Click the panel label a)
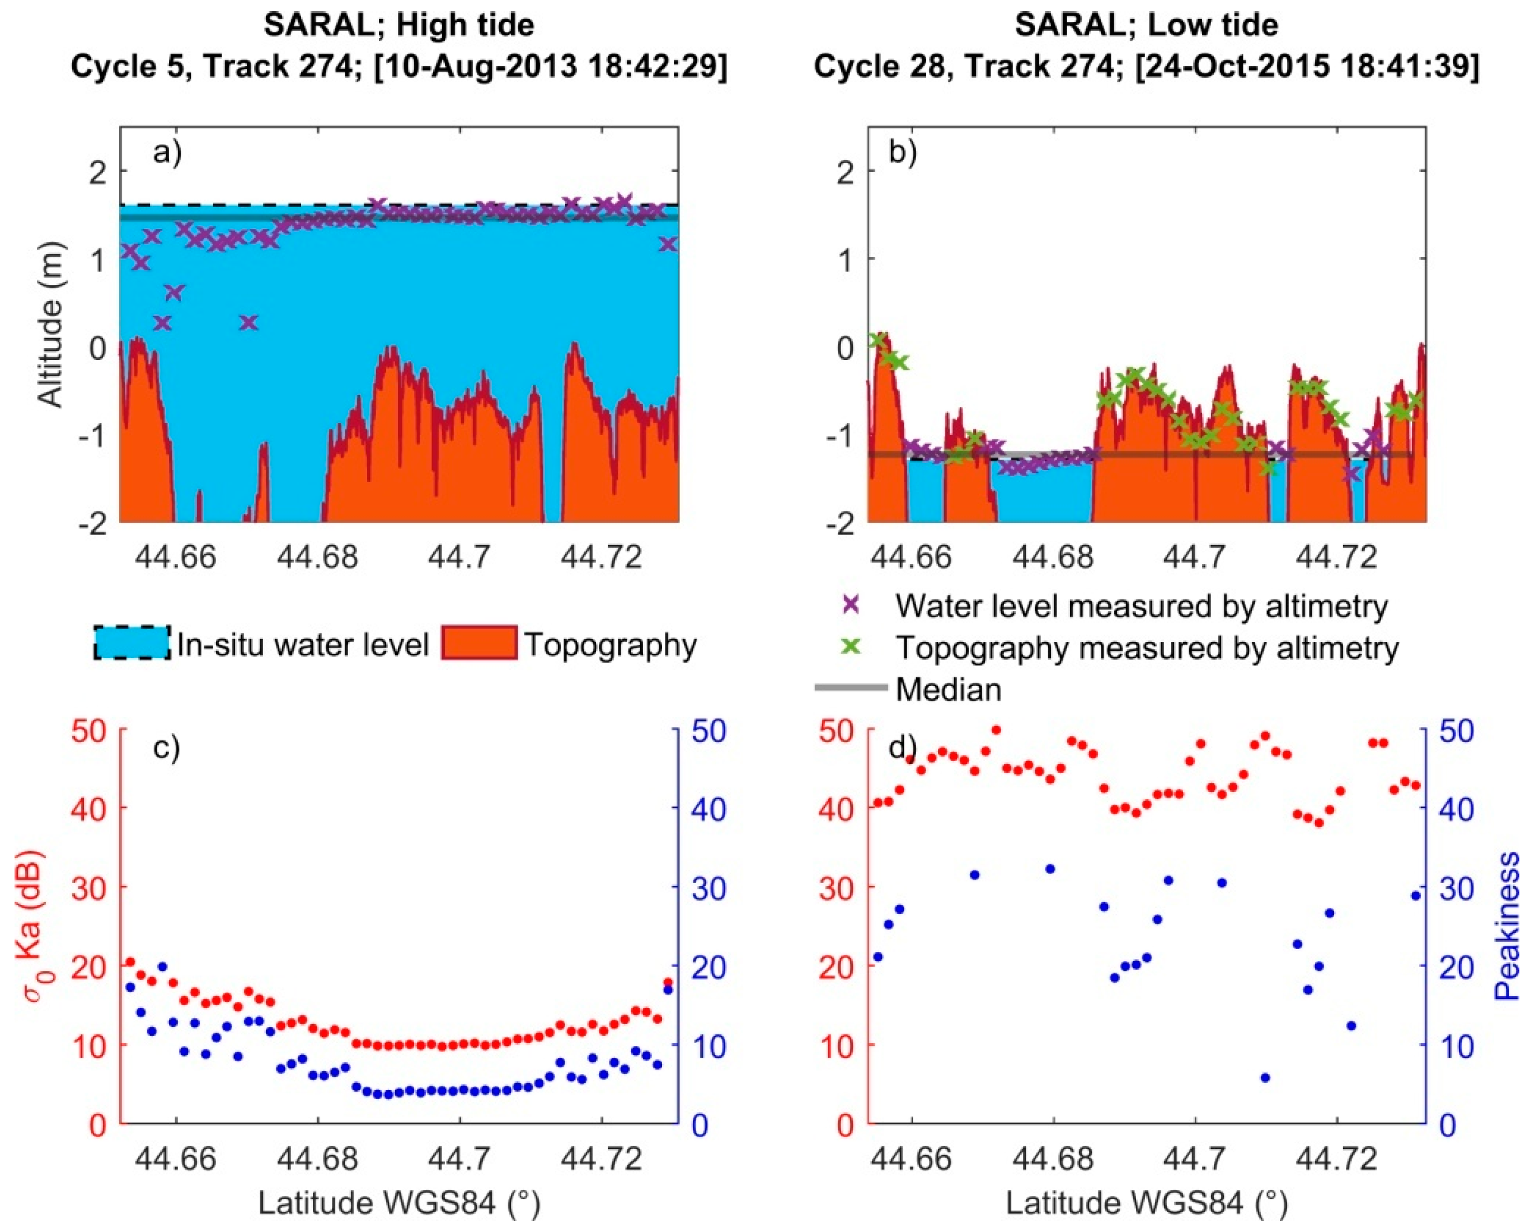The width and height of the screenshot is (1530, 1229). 167,153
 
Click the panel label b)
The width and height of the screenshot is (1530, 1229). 903,153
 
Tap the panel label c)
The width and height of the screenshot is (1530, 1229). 167,748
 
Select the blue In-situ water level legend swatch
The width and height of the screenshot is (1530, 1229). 132,643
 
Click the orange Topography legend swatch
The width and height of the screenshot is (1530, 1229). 479,643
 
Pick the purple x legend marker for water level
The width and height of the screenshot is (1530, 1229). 851,604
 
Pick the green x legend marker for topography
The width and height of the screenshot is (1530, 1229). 851,646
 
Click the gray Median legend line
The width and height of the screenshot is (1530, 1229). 850,687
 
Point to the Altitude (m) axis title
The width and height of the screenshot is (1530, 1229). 51,325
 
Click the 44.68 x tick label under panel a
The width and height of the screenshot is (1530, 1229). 317,557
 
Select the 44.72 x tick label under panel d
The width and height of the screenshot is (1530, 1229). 1336,1158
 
